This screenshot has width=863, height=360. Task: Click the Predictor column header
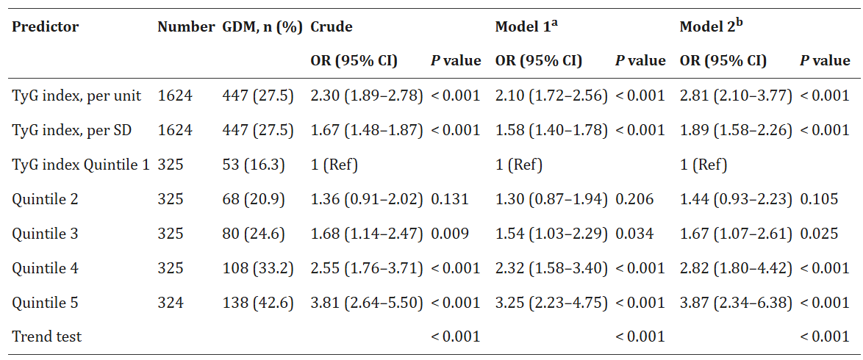[45, 27]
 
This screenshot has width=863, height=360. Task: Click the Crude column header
[331, 27]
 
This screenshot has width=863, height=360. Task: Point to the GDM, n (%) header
[262, 27]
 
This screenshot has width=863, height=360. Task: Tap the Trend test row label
[46, 336]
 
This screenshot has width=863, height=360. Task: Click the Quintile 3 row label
[45, 234]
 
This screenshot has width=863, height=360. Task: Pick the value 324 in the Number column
[171, 303]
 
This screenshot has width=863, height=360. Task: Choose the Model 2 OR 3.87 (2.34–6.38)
[736, 303]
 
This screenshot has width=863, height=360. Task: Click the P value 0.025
[818, 234]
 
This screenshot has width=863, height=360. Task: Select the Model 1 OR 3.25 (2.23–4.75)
[551, 303]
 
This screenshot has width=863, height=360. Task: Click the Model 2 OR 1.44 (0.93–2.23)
[736, 199]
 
